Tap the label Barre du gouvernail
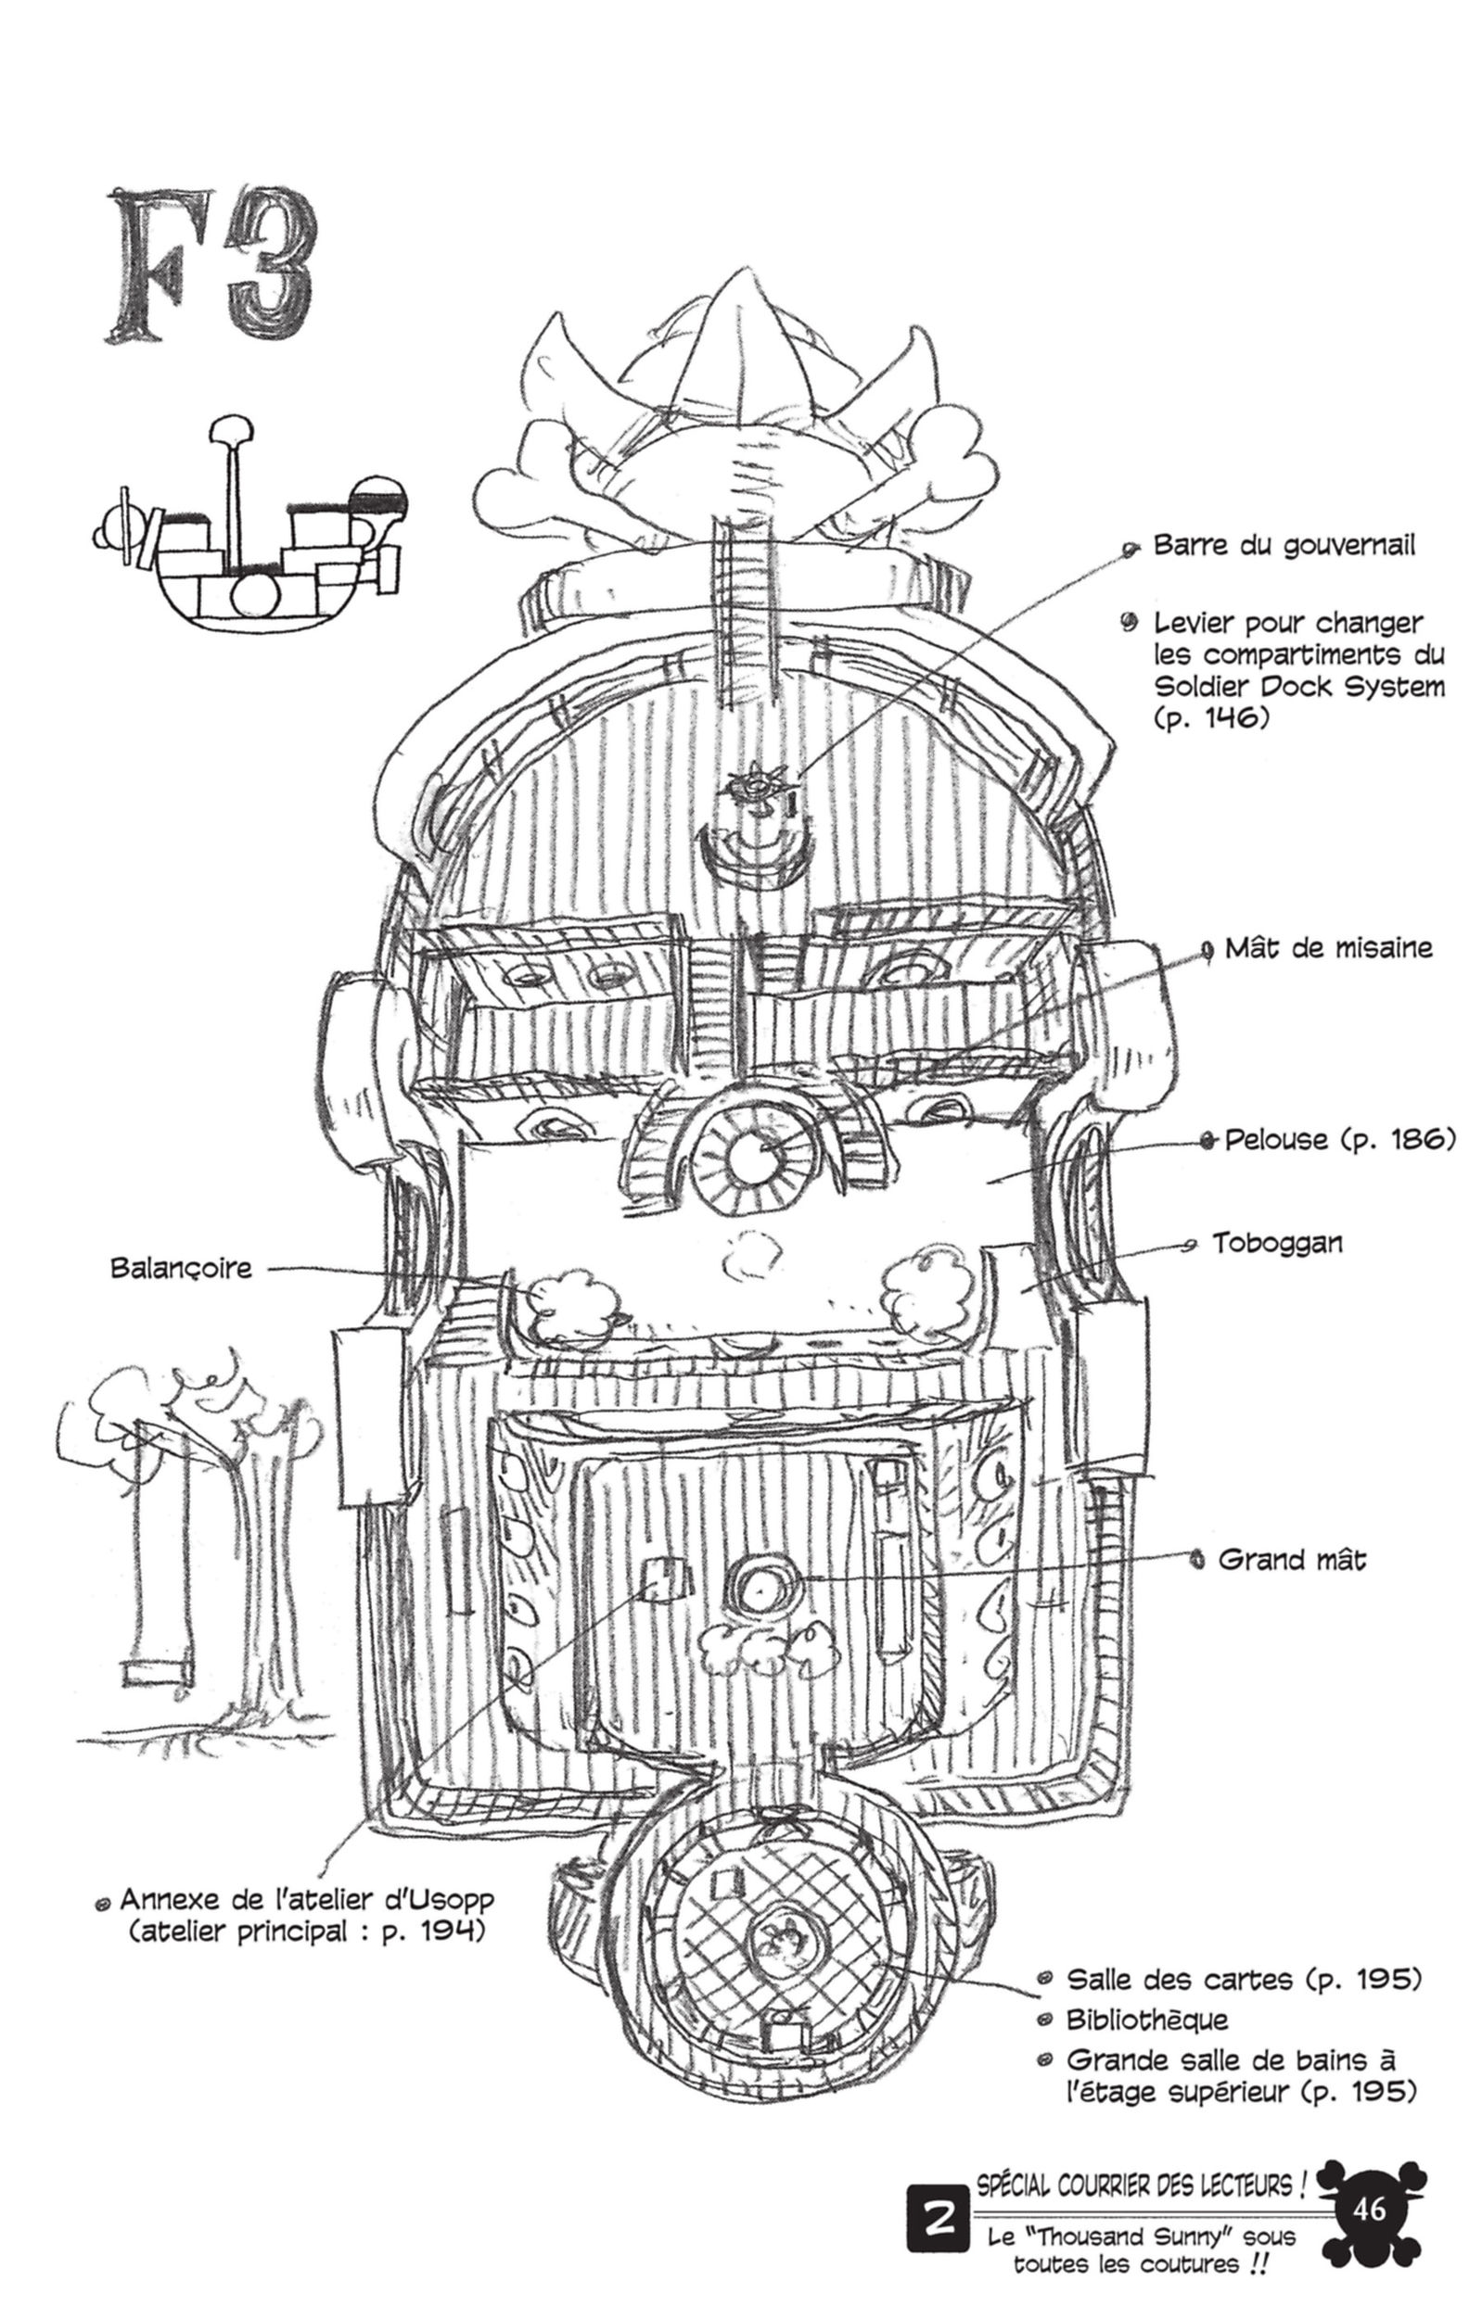(1284, 547)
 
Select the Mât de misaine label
(1328, 949)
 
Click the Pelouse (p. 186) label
(1339, 1140)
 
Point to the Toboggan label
(1277, 1243)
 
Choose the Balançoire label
(181, 1268)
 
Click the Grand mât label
(1291, 1561)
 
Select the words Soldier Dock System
(1300, 687)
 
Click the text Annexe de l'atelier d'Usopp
(306, 1900)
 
